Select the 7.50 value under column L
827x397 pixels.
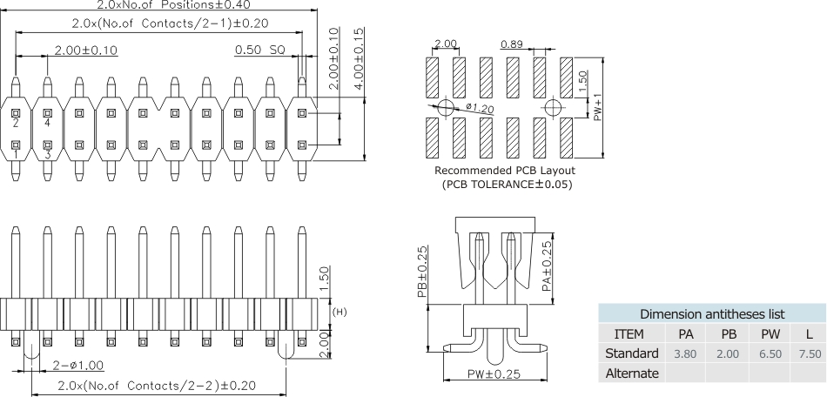[810, 353]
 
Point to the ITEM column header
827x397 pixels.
[629, 333]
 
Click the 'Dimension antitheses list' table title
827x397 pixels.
[712, 313]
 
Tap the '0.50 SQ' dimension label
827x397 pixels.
[259, 50]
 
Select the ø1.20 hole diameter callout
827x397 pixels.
[480, 108]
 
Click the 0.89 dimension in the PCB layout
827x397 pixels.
[512, 44]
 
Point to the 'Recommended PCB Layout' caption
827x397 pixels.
[505, 171]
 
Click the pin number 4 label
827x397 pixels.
[47, 124]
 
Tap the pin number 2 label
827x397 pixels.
[16, 124]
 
